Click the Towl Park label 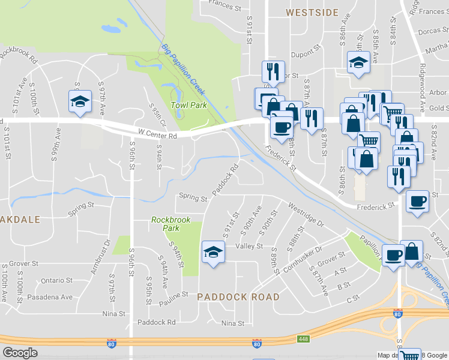(188, 105)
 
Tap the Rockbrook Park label (171, 224)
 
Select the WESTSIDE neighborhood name (312, 12)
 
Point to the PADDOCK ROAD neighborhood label (238, 297)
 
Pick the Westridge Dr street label (306, 214)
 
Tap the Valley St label (251, 246)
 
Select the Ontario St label (57, 280)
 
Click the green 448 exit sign (303, 339)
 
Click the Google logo (20, 352)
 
